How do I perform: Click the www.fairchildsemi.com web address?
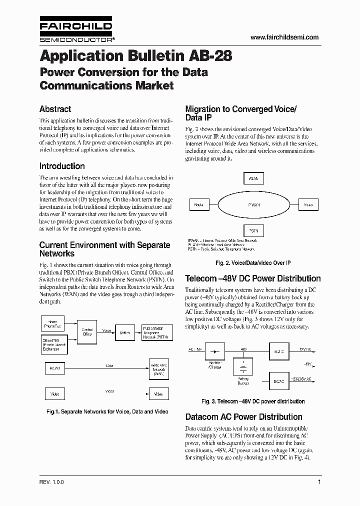point(284,37)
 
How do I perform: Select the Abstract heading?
point(55,109)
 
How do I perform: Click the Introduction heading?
point(62,166)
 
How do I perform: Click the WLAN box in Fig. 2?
point(253,178)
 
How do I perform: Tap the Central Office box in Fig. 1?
point(86,331)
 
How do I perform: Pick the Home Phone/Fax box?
point(52,323)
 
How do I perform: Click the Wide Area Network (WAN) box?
point(158,368)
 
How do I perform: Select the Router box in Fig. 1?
point(54,368)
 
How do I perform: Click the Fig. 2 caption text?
point(253,263)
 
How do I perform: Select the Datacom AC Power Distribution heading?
point(243,417)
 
